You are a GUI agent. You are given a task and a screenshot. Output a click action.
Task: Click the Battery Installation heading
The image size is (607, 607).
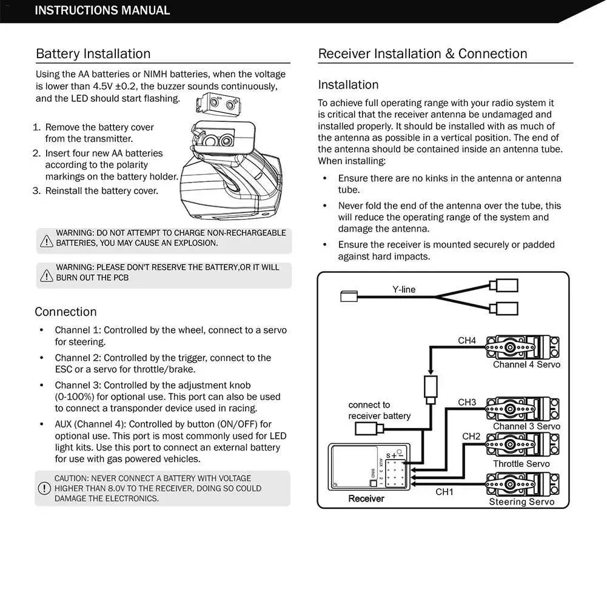[93, 53]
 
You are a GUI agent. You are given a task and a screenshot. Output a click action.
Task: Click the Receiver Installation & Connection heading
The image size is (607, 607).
[423, 53]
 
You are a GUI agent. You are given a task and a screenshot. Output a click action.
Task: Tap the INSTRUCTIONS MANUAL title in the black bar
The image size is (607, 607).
[102, 10]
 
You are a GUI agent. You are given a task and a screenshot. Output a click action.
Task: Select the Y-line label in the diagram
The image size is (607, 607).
[404, 289]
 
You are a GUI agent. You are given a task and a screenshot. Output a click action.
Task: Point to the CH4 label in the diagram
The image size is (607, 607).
[467, 340]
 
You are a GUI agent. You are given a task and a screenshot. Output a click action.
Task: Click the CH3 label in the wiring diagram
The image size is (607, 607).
[467, 402]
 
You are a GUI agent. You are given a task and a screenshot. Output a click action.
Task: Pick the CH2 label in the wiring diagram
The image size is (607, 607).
[471, 436]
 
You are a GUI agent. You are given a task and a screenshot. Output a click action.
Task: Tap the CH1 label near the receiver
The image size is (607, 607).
[444, 492]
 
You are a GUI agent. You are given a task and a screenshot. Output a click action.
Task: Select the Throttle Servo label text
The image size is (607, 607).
[521, 464]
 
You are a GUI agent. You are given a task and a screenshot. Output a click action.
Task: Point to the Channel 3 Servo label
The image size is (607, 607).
[526, 426]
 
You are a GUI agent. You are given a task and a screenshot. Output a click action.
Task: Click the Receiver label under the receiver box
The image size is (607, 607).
[366, 498]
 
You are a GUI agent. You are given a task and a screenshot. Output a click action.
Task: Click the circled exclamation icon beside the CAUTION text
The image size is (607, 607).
[44, 488]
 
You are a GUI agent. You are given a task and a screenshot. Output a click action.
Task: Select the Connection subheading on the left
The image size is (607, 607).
[65, 312]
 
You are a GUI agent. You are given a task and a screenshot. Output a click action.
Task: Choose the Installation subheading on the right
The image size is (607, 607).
[348, 85]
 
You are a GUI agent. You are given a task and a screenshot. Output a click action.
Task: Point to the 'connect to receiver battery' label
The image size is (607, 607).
[379, 411]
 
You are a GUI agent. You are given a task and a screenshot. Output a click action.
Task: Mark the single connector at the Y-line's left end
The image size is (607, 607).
[349, 297]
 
